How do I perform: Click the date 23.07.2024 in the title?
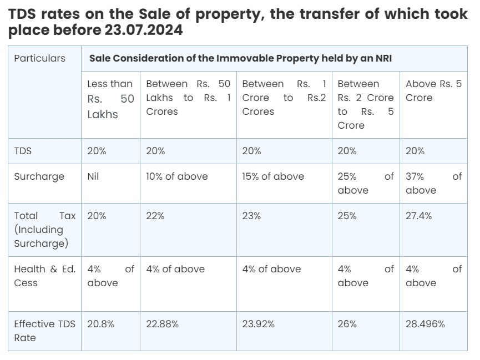(x=143, y=30)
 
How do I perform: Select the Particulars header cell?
(x=39, y=58)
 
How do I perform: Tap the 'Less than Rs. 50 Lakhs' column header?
(x=110, y=99)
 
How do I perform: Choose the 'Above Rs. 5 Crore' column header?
(x=433, y=90)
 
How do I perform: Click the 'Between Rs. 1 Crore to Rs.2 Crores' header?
(x=284, y=98)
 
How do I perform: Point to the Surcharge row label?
(x=39, y=176)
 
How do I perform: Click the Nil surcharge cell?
(x=93, y=176)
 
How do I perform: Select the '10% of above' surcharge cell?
(x=176, y=176)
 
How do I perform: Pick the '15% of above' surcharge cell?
(x=273, y=176)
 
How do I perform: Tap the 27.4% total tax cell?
(x=418, y=216)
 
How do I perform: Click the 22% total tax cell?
(x=155, y=216)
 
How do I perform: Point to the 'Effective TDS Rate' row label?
(x=44, y=331)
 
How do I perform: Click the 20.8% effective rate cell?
(x=100, y=324)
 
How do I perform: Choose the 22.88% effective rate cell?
(x=162, y=324)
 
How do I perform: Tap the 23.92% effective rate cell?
(x=258, y=324)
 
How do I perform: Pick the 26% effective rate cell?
(x=347, y=324)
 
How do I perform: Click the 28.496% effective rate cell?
(x=425, y=324)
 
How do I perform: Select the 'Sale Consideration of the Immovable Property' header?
(x=240, y=58)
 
